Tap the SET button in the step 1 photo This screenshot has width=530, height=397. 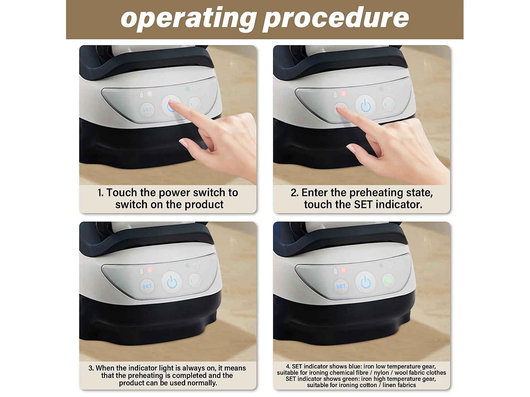click(x=147, y=110)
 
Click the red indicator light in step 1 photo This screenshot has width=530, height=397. click(x=150, y=94)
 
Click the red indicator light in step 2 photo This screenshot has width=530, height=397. click(x=343, y=93)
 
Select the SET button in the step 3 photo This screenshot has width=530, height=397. click(x=147, y=286)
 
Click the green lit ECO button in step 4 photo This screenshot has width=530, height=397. click(x=389, y=281)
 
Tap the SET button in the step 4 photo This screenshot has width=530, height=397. click(x=341, y=286)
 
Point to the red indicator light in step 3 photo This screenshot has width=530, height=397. click(x=150, y=270)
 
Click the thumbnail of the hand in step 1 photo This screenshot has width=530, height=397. click(x=184, y=143)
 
